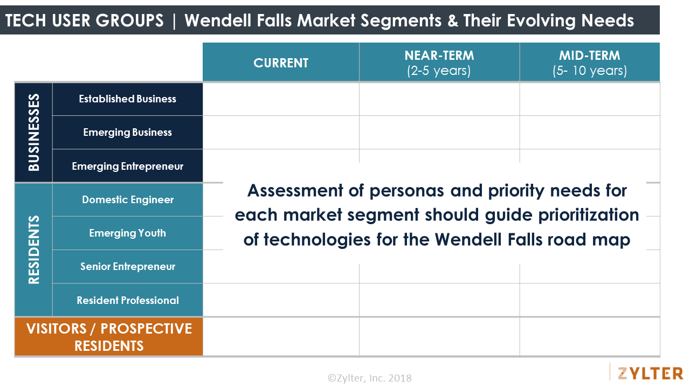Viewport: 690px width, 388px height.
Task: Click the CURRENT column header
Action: pos(281,63)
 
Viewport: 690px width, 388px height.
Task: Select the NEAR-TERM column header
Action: pos(439,63)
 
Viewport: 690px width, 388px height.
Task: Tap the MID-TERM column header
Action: pos(589,63)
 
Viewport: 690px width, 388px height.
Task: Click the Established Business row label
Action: pos(128,99)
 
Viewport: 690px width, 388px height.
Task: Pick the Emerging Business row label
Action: pos(128,133)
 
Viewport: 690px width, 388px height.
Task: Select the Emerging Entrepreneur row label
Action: pos(128,166)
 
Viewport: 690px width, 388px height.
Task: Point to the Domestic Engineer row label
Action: pos(128,200)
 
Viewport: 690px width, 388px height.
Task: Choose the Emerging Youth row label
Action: pos(128,233)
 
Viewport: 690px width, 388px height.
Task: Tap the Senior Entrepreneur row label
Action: pos(128,267)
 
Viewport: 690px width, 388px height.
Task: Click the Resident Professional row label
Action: pos(128,300)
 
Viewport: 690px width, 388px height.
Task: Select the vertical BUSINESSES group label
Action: pos(33,133)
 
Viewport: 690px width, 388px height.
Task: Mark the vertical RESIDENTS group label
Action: pos(33,250)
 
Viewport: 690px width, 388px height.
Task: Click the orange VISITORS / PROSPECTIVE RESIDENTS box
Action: pos(109,337)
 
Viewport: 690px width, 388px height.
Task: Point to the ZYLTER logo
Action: pos(650,373)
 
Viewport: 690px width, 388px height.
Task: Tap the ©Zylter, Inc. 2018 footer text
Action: pos(369,378)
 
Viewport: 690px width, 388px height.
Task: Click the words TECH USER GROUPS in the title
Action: pos(84,20)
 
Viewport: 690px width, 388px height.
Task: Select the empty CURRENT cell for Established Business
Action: pos(281,99)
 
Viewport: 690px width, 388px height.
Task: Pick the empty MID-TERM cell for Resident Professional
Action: pos(589,300)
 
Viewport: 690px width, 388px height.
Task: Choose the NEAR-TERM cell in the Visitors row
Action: pos(439,337)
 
